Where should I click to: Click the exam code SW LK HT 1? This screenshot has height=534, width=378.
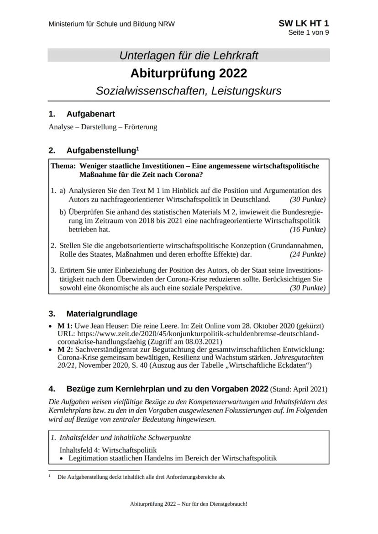pos(303,23)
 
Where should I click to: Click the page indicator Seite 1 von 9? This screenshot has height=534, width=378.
pos(308,32)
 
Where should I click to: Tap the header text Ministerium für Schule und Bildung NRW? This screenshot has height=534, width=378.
pos(111,24)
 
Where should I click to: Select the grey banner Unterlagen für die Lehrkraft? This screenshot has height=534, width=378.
pos(189,56)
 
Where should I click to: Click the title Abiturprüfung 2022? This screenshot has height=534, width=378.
pos(189,73)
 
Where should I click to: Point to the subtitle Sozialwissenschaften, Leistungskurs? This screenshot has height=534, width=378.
pos(189,90)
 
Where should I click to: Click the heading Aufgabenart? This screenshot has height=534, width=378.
pos(90,114)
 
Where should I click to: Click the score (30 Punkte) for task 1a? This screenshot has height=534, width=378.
pos(308,199)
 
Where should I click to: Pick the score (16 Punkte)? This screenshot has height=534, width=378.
pos(308,229)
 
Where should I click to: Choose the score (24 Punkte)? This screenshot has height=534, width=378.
pos(308,254)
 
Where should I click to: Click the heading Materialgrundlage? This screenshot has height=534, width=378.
pos(101,314)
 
